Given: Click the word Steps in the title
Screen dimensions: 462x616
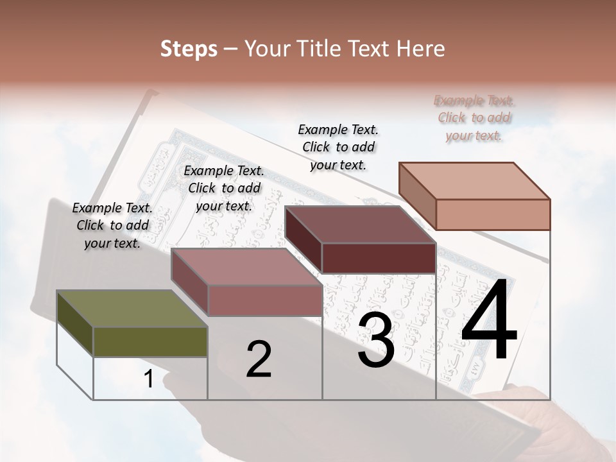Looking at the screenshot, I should point(189,49).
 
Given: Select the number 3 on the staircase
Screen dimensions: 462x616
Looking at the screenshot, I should point(376,340).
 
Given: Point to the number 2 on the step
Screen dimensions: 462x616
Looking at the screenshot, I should point(259,359).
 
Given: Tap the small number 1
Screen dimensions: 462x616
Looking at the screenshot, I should point(149,379).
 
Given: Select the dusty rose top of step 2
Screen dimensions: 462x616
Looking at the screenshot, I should point(246,267).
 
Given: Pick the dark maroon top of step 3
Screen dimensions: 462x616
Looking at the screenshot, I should point(360,225).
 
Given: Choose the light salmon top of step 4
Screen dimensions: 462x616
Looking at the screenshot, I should point(474,181).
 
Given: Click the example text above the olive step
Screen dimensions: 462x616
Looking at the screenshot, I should point(112,225).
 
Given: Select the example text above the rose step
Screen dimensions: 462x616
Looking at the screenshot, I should point(224,188).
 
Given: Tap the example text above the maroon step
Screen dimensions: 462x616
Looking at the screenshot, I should point(338,147).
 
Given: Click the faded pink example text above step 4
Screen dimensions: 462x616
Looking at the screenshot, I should point(474,117).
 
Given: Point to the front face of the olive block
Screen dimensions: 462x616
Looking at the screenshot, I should point(150,342).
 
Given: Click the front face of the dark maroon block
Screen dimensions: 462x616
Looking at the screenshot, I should point(379,258).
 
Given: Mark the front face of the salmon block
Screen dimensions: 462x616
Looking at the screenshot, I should point(493,214).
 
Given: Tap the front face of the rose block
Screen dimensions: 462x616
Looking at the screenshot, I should point(264,300).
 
